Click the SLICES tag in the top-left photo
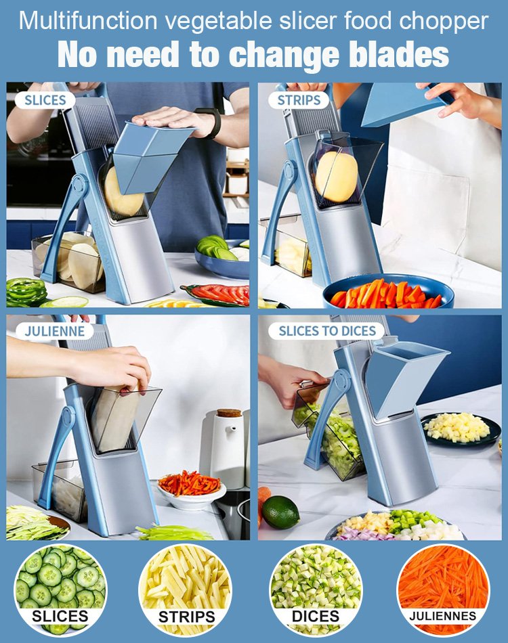[45, 101]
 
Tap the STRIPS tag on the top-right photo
[298, 101]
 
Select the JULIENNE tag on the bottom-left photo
[54, 331]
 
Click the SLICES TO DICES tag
[326, 331]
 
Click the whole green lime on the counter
[280, 512]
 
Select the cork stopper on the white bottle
[229, 414]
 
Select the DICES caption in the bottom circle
[315, 616]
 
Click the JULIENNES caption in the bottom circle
[442, 616]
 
